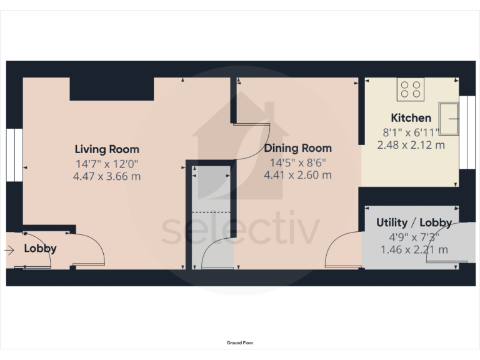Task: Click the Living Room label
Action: pyautogui.click(x=107, y=149)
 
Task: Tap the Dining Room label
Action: pyautogui.click(x=297, y=148)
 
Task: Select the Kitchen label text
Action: pyautogui.click(x=411, y=117)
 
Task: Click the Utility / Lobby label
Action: pyautogui.click(x=414, y=222)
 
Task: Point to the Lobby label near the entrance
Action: pyautogui.click(x=40, y=248)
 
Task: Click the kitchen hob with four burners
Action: pyautogui.click(x=411, y=89)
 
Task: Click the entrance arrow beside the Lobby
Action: pyautogui.click(x=8, y=250)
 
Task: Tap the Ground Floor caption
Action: pyautogui.click(x=240, y=342)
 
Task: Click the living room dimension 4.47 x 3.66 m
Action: pyautogui.click(x=107, y=176)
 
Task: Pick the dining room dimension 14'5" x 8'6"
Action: pyautogui.click(x=297, y=162)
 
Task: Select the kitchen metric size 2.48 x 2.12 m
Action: pyautogui.click(x=411, y=145)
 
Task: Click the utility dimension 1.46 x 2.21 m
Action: pyautogui.click(x=414, y=249)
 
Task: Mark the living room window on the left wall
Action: pyautogui.click(x=14, y=156)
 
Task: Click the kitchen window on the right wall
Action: pyautogui.click(x=466, y=132)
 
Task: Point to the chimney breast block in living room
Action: pyautogui.click(x=112, y=89)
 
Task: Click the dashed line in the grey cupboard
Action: pyautogui.click(x=210, y=212)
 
